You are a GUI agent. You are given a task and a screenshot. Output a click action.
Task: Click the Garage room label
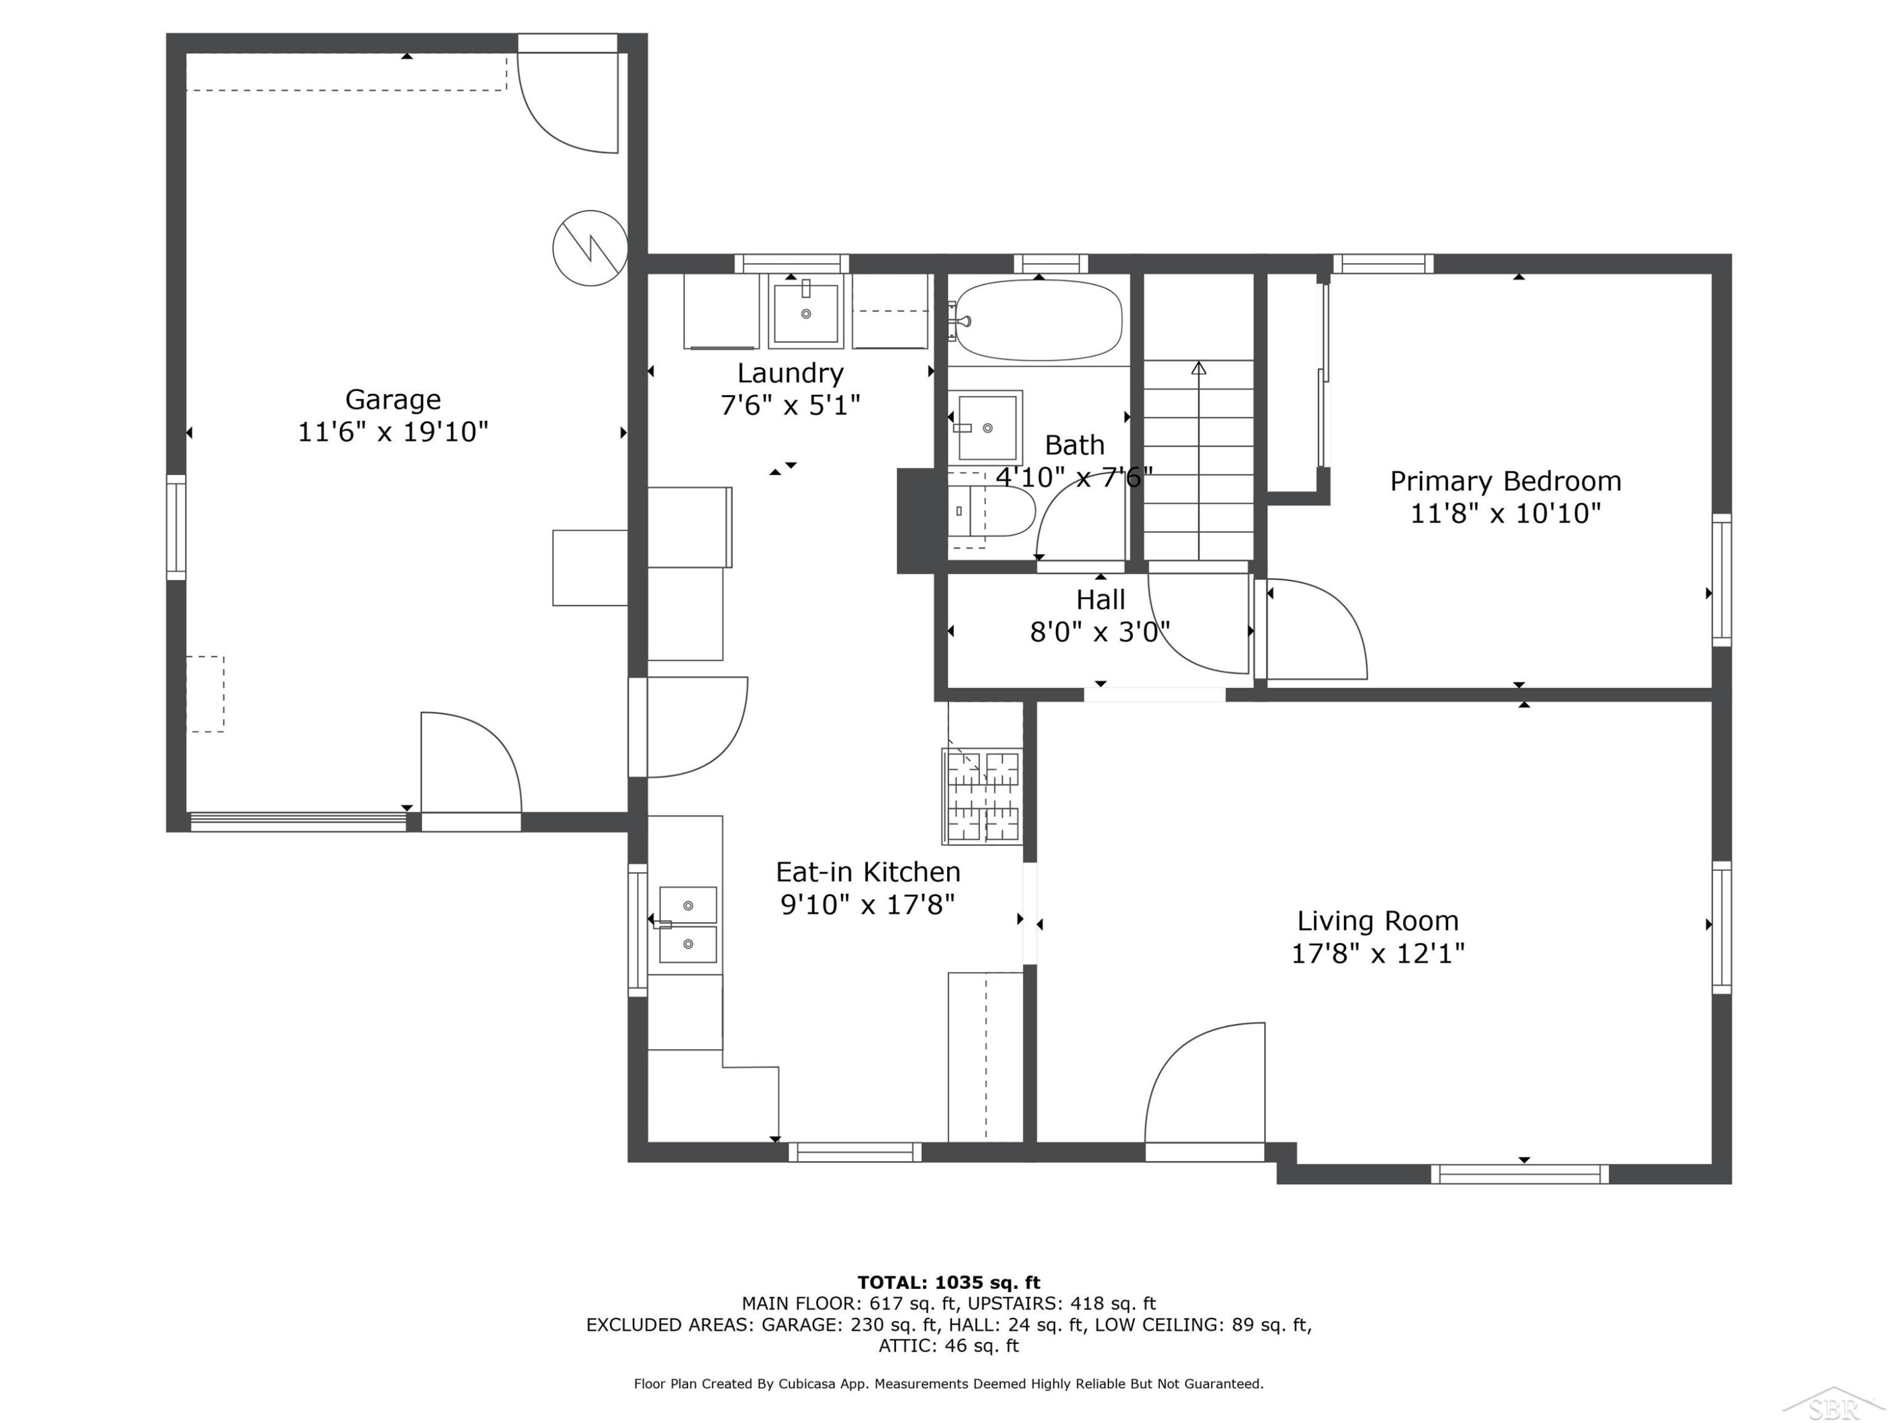pos(393,400)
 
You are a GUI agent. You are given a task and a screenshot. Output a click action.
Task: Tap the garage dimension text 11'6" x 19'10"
pos(393,431)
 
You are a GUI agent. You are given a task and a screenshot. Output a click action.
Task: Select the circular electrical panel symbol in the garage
pos(590,248)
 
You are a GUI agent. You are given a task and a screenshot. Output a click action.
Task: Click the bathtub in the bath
pos(1038,320)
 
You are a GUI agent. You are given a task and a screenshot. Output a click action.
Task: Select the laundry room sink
pos(806,311)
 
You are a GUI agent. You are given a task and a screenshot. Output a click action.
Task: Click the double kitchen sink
pos(687,925)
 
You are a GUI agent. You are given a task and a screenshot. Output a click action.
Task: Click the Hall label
pos(1101,600)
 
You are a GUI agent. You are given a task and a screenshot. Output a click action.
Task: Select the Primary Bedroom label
pos(1506,481)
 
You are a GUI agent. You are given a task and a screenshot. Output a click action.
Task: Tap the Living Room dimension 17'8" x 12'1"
pos(1378,953)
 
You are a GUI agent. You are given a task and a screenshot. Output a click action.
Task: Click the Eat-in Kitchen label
pos(869,872)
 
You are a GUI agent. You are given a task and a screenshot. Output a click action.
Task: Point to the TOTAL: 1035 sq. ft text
pos(949,1283)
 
